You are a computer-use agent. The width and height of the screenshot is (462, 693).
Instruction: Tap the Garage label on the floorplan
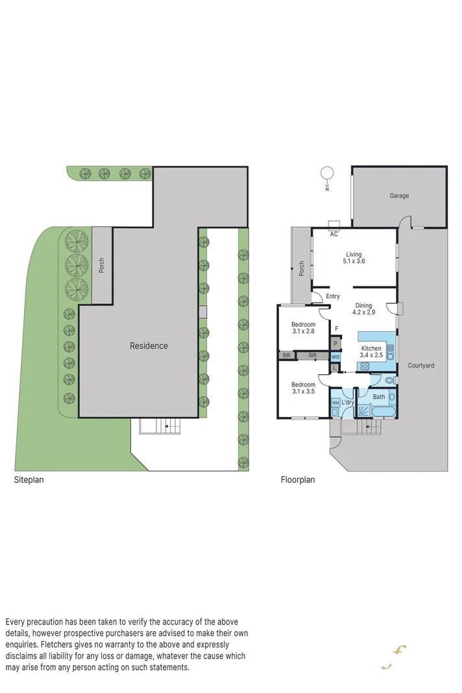click(399, 195)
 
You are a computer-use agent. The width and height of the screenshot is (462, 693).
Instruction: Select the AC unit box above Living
click(334, 226)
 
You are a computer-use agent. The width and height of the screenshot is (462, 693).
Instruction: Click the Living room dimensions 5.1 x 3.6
click(354, 262)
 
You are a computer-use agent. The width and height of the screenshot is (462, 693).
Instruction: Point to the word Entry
click(333, 297)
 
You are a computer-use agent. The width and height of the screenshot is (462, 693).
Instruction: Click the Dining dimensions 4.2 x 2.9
click(363, 312)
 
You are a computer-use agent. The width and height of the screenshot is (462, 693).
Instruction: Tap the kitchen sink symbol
click(390, 353)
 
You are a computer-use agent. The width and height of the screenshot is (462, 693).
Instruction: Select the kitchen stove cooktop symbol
click(365, 366)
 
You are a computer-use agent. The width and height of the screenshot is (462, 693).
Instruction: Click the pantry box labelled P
click(335, 344)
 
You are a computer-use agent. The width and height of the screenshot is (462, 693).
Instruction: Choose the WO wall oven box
click(335, 357)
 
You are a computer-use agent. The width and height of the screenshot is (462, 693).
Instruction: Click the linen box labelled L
click(334, 368)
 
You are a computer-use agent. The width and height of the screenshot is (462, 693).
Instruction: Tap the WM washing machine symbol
click(335, 403)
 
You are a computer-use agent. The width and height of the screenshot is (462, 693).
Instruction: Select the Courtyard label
click(421, 366)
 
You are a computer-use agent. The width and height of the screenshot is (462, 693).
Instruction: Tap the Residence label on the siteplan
click(149, 346)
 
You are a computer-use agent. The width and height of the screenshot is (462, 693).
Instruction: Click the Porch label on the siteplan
click(101, 266)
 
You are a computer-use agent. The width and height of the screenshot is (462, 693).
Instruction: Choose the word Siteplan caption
click(29, 481)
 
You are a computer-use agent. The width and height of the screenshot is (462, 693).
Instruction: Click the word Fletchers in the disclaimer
click(66, 644)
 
